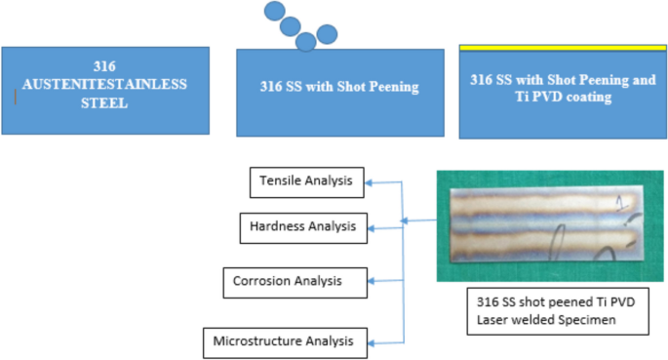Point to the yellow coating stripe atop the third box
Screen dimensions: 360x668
pyautogui.click(x=563, y=47)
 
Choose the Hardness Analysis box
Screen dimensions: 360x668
pyautogui.click(x=304, y=227)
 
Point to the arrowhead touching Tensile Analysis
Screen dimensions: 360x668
pyautogui.click(x=371, y=180)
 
